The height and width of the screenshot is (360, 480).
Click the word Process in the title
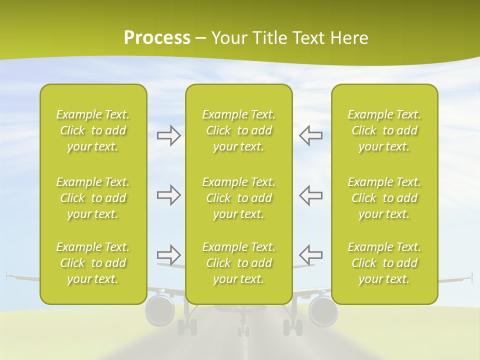click(x=157, y=38)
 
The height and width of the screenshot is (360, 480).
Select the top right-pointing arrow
click(x=168, y=135)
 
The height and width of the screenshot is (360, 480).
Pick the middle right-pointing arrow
click(x=168, y=195)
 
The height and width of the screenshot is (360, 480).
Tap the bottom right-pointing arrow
click(x=168, y=254)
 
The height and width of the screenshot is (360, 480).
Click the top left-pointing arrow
click(x=310, y=135)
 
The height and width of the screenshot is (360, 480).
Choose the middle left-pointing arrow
click(x=310, y=195)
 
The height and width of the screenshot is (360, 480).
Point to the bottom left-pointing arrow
click(x=310, y=254)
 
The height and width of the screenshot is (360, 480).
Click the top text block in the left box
click(x=93, y=130)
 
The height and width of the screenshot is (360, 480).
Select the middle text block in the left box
click(x=93, y=198)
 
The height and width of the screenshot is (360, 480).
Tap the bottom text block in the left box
click(x=93, y=263)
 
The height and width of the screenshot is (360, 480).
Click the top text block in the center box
click(x=239, y=130)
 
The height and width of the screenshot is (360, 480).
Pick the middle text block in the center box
click(x=239, y=198)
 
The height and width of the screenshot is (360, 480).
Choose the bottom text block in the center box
click(x=239, y=263)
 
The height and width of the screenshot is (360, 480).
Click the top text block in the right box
click(x=384, y=130)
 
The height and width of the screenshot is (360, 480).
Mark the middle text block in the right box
click(x=384, y=198)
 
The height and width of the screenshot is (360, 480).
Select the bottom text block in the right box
click(x=384, y=263)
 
